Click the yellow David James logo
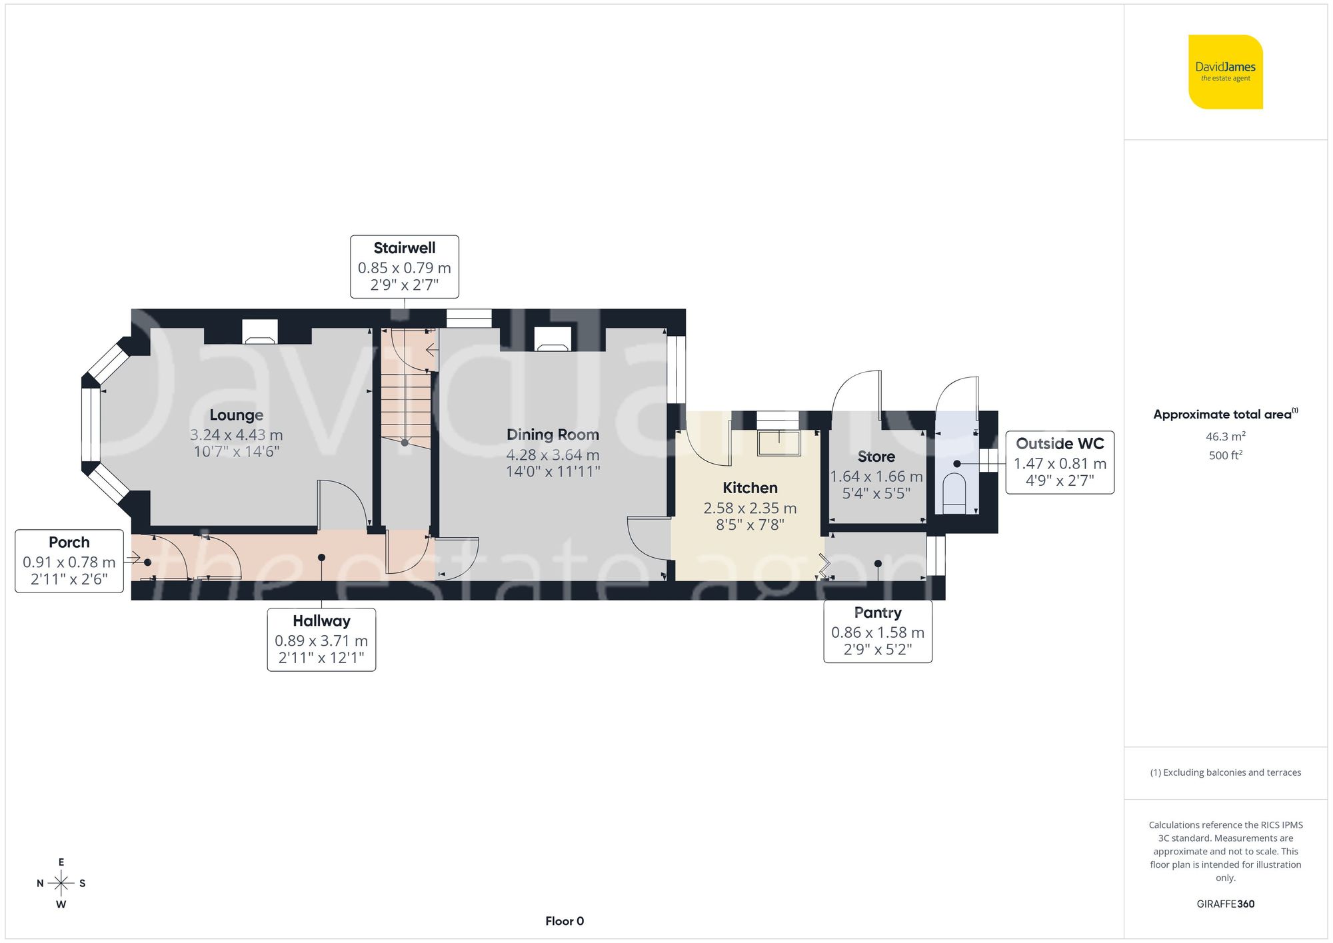click(1225, 72)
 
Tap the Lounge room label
click(237, 415)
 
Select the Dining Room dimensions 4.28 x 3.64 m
click(553, 455)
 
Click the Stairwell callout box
click(405, 267)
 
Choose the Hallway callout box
click(321, 639)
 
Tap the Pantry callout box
click(878, 631)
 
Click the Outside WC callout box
click(1060, 462)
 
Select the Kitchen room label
click(750, 488)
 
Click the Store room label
click(876, 457)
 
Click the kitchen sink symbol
click(778, 443)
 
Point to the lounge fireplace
click(260, 332)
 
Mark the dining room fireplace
click(553, 339)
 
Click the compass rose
click(61, 884)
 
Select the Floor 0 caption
click(565, 921)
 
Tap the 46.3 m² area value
click(1225, 437)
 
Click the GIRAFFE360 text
click(1225, 904)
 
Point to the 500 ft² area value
click(1225, 455)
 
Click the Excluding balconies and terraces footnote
click(1225, 772)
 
